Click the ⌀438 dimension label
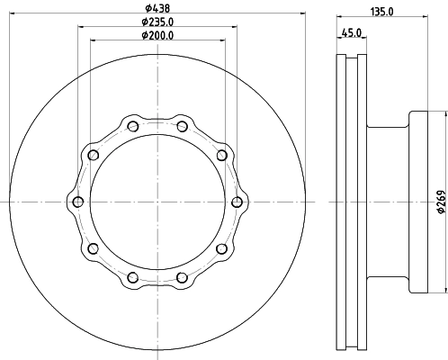(x=157, y=8)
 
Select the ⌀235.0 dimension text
(x=157, y=22)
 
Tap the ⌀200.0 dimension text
(x=157, y=35)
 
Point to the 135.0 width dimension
(x=381, y=12)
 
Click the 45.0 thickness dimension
(x=352, y=32)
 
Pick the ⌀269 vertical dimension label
(x=441, y=202)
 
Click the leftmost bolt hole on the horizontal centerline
(x=78, y=202)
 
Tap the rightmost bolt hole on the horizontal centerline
(x=237, y=202)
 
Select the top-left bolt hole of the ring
(x=133, y=126)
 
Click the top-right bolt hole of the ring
(x=182, y=126)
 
